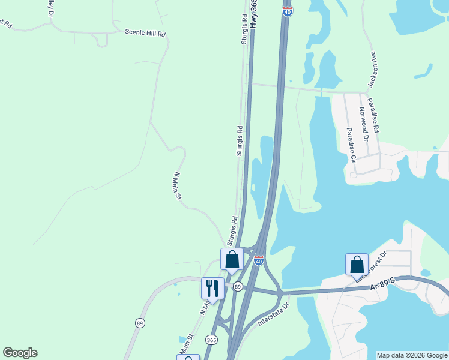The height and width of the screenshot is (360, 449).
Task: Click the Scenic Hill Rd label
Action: pyautogui.click(x=145, y=33)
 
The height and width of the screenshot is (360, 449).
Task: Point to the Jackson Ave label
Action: pyautogui.click(x=373, y=68)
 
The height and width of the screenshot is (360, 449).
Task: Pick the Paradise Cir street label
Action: pyautogui.click(x=350, y=145)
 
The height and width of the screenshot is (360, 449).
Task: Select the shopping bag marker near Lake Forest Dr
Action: pyautogui.click(x=357, y=264)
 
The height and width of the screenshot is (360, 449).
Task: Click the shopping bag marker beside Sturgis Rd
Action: pyautogui.click(x=232, y=259)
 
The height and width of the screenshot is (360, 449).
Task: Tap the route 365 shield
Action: pyautogui.click(x=211, y=340)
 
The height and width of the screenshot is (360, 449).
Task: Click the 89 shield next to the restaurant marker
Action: pyautogui.click(x=238, y=287)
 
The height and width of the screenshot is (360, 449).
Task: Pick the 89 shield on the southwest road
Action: pyautogui.click(x=140, y=323)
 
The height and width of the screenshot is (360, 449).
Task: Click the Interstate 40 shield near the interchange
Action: pyautogui.click(x=259, y=261)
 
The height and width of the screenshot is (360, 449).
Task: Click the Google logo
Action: pyautogui.click(x=20, y=353)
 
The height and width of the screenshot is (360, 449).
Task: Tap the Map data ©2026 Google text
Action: pyautogui.click(x=412, y=355)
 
